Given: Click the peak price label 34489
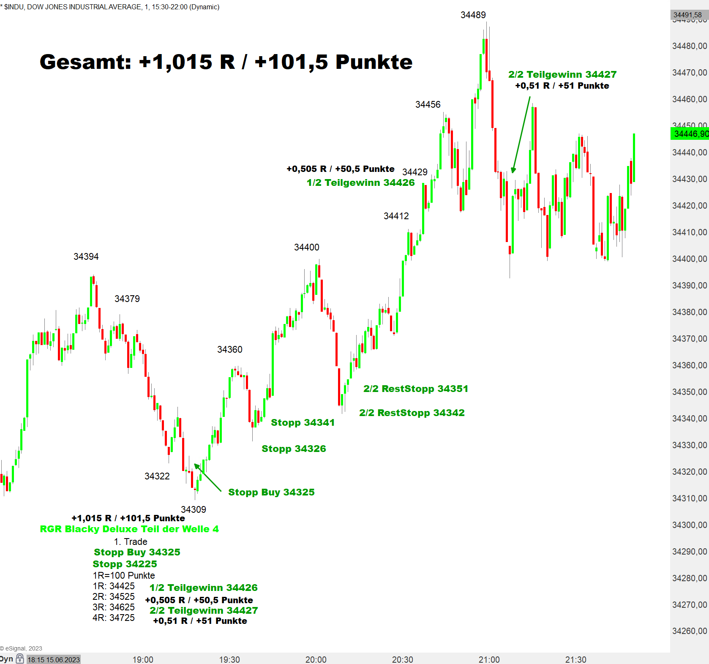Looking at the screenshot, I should [x=473, y=15].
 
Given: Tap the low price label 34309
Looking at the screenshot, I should [x=193, y=509].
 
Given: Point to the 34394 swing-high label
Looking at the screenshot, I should [x=86, y=257].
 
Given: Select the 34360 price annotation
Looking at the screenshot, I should [x=229, y=350].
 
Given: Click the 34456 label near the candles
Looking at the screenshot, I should [x=428, y=105].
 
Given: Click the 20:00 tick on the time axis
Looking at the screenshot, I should [x=316, y=659].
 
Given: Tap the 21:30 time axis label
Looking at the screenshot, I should [x=575, y=659].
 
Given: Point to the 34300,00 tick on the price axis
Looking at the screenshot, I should [x=689, y=525].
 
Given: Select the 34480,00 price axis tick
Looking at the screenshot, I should [x=689, y=46].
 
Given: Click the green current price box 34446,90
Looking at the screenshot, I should [x=690, y=134].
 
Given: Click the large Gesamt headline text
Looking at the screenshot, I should [x=226, y=62].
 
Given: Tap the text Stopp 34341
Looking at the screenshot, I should [x=303, y=422].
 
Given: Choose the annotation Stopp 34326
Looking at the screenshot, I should [x=294, y=449].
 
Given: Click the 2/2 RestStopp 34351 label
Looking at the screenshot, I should [x=416, y=389].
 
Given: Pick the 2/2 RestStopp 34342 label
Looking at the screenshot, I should [x=412, y=413].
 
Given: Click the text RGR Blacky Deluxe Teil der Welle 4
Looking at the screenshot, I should [x=129, y=529].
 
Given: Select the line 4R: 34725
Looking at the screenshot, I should [x=114, y=618].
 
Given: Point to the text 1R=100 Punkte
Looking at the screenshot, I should [x=124, y=575].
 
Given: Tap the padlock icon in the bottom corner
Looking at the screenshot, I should [x=20, y=659].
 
